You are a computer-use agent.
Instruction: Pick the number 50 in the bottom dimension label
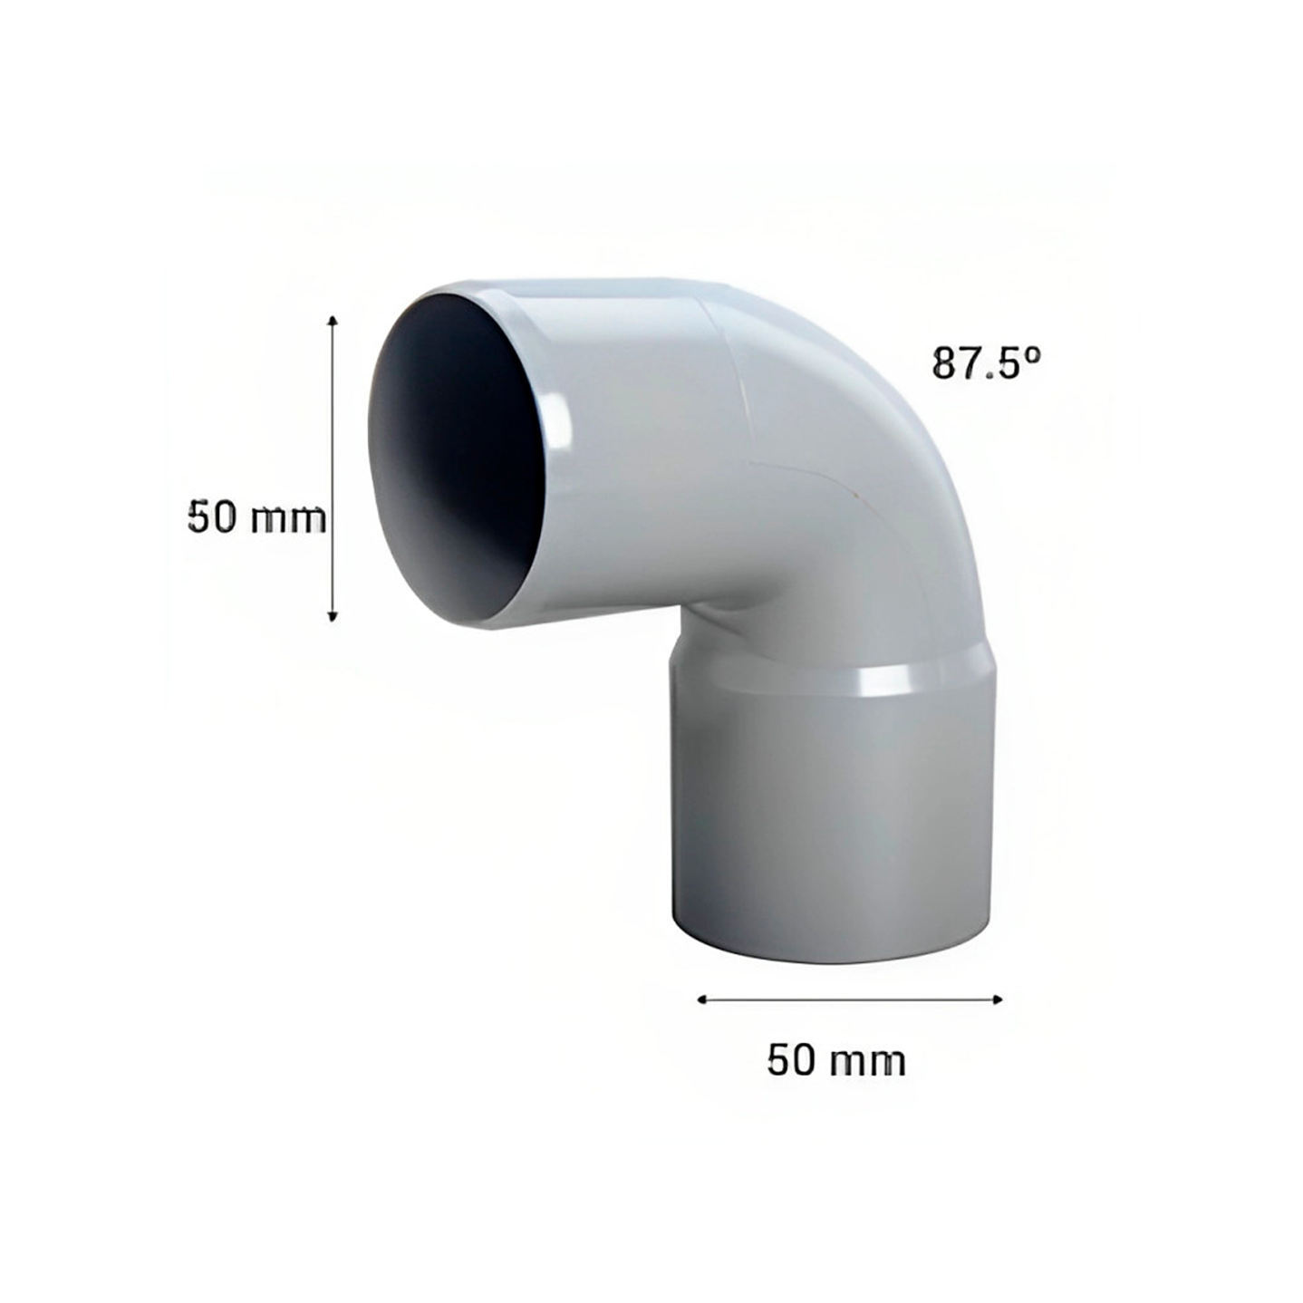791,1059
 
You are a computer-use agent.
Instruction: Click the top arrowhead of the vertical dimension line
333,321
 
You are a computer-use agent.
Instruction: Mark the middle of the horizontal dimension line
850,999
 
